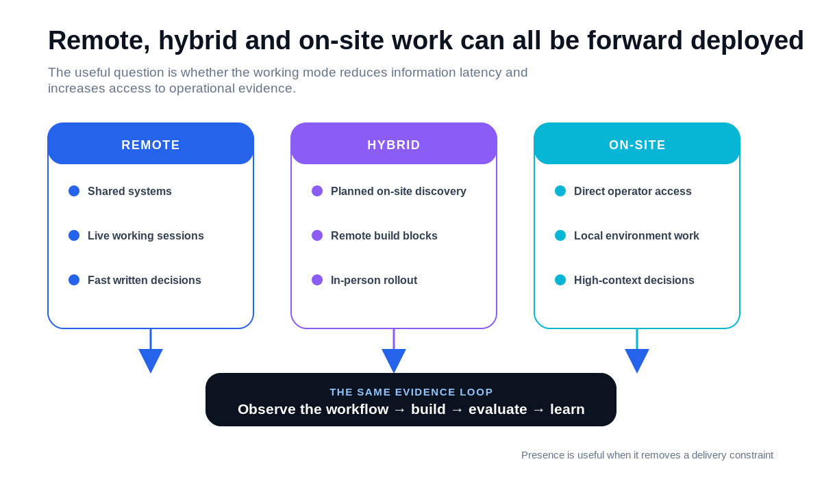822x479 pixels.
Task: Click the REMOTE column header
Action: (151, 145)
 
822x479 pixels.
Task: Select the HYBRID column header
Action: (394, 145)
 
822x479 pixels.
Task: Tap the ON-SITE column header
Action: (637, 145)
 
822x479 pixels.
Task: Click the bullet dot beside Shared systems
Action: (74, 191)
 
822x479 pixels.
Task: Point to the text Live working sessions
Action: (146, 235)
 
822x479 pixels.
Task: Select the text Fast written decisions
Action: (145, 280)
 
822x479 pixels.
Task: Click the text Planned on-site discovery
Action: (399, 192)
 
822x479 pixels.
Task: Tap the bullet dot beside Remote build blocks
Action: (317, 235)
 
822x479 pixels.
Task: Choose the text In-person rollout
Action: (374, 281)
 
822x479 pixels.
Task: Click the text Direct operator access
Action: (633, 192)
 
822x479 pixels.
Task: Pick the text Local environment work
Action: (636, 235)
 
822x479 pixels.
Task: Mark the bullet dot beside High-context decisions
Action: (560, 280)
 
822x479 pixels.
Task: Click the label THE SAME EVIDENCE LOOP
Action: (411, 392)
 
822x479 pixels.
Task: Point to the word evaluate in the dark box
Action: (497, 409)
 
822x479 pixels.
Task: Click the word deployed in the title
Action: (747, 41)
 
